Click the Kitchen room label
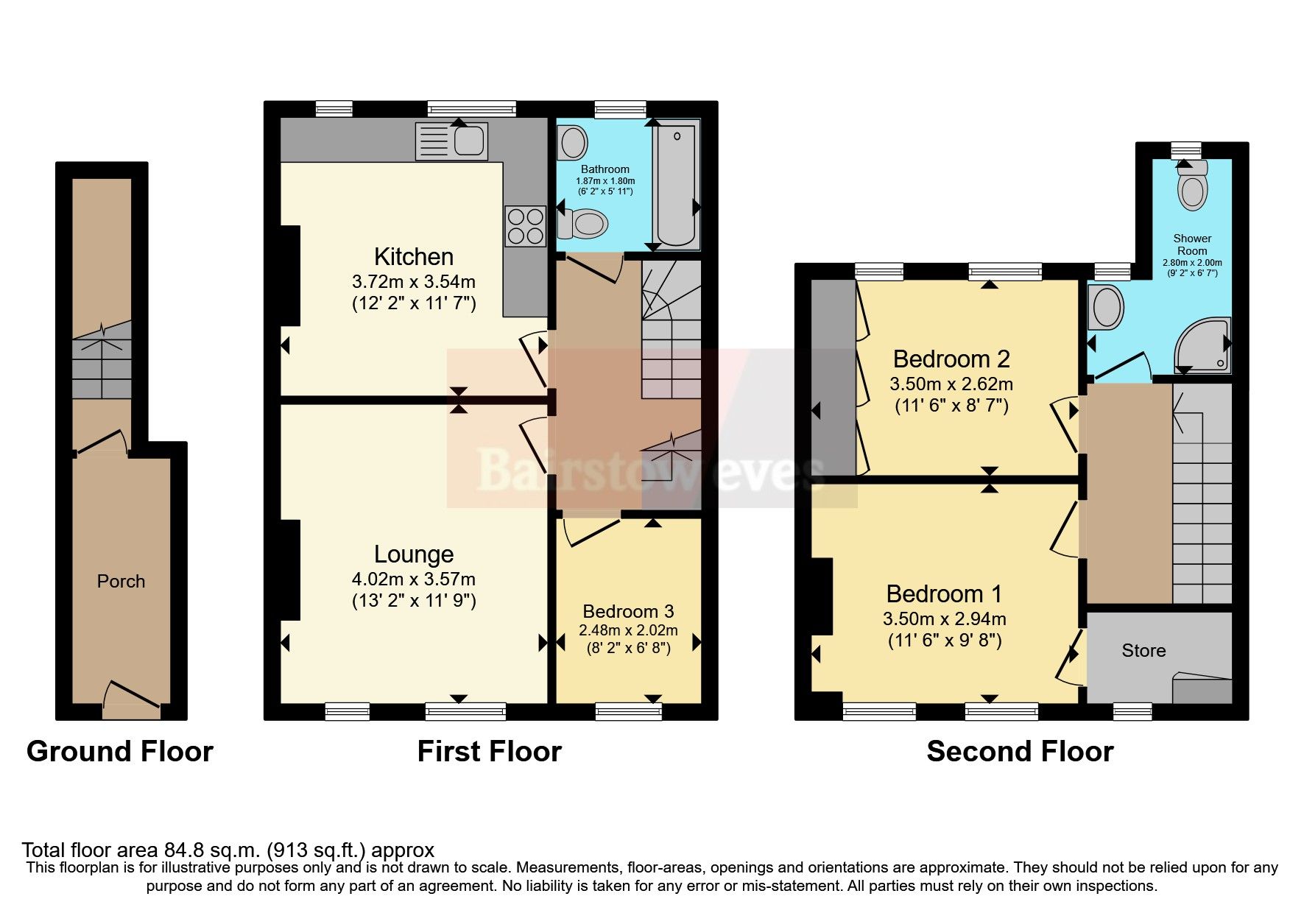point(413,257)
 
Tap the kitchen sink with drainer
point(451,141)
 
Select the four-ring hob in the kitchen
point(525,225)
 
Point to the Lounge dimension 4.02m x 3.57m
point(413,579)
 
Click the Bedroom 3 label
point(628,612)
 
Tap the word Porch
point(121,582)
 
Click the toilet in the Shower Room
point(1192,187)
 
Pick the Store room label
point(1143,651)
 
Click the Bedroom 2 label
point(951,359)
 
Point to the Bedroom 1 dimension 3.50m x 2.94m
point(944,619)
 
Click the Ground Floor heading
point(120,752)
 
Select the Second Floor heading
point(1019,752)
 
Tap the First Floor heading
point(489,752)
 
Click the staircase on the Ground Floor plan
point(102,361)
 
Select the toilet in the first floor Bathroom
point(583,223)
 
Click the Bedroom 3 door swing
point(589,532)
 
